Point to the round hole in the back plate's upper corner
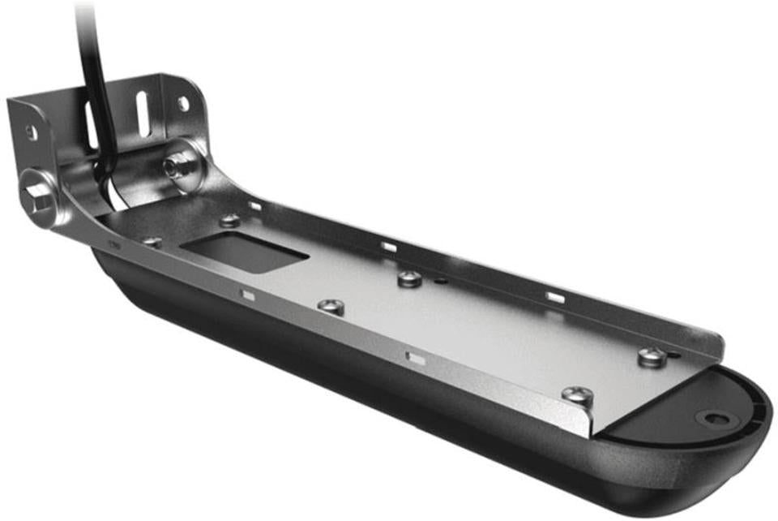(x=184, y=103)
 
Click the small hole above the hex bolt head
(x=31, y=131)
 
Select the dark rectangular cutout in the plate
(x=243, y=251)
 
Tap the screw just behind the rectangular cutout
(x=230, y=219)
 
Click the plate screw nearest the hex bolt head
(x=151, y=241)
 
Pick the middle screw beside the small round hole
(x=411, y=279)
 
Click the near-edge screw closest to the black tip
(x=577, y=395)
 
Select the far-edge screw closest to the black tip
(x=651, y=355)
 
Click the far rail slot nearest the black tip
(x=555, y=297)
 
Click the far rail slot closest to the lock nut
(x=254, y=206)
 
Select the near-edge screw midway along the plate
(x=330, y=306)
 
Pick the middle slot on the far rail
(x=389, y=247)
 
